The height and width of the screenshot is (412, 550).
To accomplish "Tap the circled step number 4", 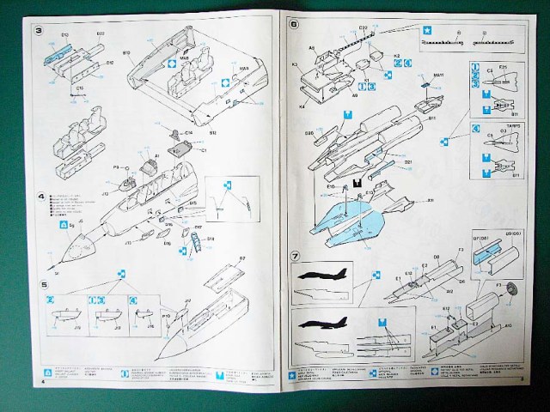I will tap(40, 197).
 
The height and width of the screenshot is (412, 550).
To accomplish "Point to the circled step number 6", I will tap(294, 25).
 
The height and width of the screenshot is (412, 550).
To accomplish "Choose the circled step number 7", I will tap(294, 255).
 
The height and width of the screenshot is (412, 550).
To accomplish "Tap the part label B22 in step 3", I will tap(100, 33).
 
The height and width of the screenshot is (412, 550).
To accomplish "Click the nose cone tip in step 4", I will tap(54, 256).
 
